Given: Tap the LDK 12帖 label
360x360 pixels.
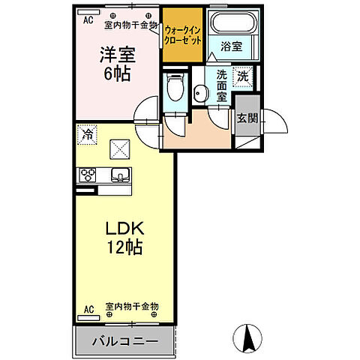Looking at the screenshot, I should coord(124,237).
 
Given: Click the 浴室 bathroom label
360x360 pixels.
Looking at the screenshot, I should coord(230,46).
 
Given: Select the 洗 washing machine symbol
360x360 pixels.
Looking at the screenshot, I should coord(244,75).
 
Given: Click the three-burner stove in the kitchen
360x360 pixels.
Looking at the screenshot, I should coord(87,175).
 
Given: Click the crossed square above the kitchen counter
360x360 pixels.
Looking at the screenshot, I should coord(119,150).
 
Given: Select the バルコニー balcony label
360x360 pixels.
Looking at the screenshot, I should coord(124,342).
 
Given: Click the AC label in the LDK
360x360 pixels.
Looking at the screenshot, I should coord(88,309).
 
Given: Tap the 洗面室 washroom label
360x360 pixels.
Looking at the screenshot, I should coord(222,86).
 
